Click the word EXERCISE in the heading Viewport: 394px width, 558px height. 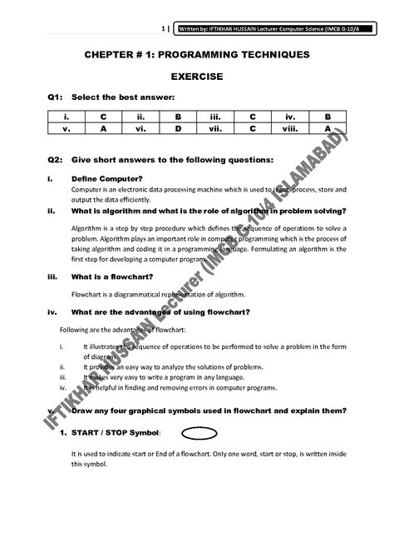pos(196,76)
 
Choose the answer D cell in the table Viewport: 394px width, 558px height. pos(177,129)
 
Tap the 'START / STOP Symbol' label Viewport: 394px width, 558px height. pos(115,433)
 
